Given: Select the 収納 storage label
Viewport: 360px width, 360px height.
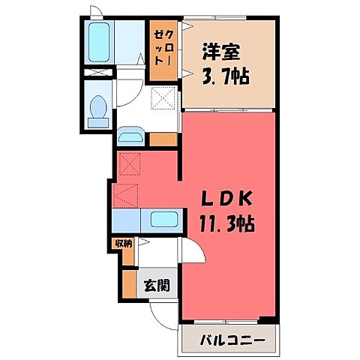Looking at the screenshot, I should [x=123, y=243].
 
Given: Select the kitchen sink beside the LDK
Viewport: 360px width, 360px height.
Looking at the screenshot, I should [x=163, y=220].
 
